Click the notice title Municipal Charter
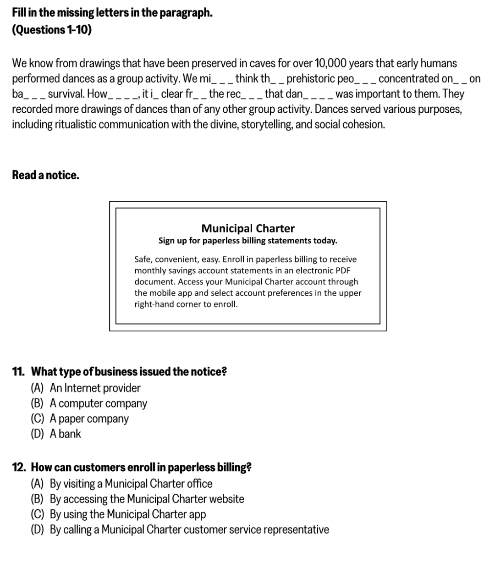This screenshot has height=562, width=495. coord(248,228)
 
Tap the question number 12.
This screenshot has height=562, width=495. coord(19,468)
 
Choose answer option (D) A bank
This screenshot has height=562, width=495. coord(56,434)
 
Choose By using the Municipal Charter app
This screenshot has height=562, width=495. coord(127,514)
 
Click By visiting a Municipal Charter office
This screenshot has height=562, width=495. coord(131,484)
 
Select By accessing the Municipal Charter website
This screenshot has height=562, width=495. coord(147,499)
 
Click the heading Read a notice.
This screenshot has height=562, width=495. coord(45,175)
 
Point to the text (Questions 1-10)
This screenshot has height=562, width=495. coord(52,30)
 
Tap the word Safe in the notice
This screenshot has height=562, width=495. coord(143,259)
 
